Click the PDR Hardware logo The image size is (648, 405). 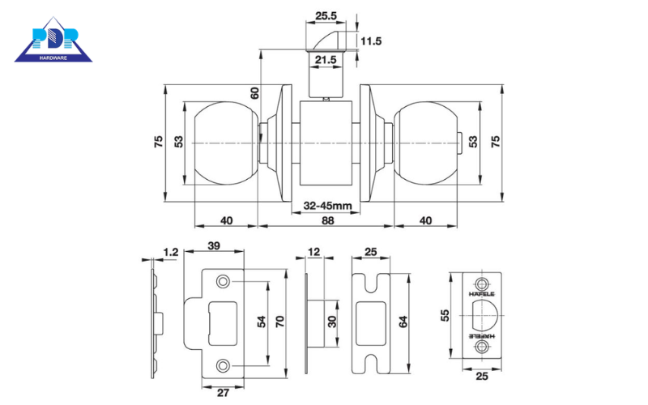(x=53, y=40)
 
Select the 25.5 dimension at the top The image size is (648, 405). (x=326, y=15)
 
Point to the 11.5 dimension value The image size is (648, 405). (x=372, y=40)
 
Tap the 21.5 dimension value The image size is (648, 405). (x=326, y=60)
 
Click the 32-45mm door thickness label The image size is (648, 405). (x=327, y=206)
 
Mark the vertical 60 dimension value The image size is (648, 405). (x=254, y=92)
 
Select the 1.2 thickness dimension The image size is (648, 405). (x=170, y=252)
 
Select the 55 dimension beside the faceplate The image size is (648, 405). (x=445, y=313)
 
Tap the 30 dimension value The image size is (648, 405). (x=332, y=322)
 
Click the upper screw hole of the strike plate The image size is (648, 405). (x=222, y=282)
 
